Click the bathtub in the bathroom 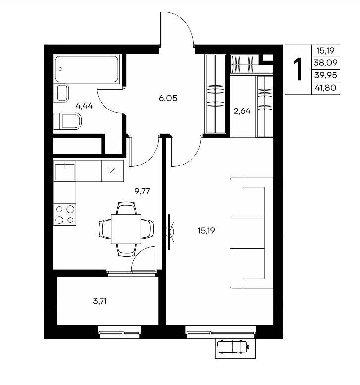(x=87, y=69)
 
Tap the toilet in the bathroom (x=67, y=121)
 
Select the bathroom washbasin (x=61, y=93)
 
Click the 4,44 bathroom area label (x=84, y=106)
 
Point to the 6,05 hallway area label (x=168, y=98)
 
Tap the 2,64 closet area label (x=242, y=111)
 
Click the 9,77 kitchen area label (x=142, y=191)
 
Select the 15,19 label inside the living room (x=206, y=231)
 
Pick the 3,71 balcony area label (x=100, y=301)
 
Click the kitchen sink (x=65, y=171)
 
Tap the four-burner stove (x=65, y=215)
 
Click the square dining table (x=126, y=229)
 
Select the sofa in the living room (x=252, y=233)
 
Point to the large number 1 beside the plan (x=298, y=69)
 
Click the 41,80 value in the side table (x=326, y=88)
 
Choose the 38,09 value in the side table (x=326, y=63)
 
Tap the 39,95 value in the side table (x=326, y=75)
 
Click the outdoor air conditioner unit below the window (x=233, y=347)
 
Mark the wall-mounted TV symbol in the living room (x=169, y=232)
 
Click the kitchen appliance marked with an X (x=112, y=171)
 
